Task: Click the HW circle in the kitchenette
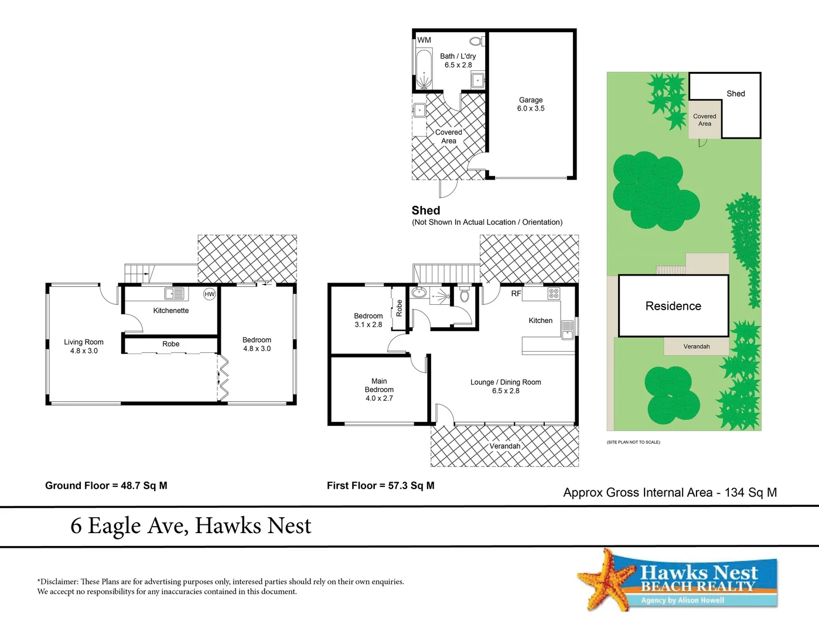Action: tap(209, 294)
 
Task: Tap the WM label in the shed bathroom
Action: tap(424, 40)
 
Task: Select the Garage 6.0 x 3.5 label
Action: tap(531, 104)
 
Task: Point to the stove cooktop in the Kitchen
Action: tap(554, 294)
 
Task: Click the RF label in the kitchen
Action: tap(516, 294)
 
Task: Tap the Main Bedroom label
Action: tap(379, 389)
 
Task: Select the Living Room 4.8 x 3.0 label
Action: tap(84, 346)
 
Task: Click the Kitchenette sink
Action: tap(174, 294)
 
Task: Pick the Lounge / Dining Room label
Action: tap(506, 386)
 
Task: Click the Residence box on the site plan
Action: tap(673, 306)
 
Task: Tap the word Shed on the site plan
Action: tap(736, 94)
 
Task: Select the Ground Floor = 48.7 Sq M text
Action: tap(106, 486)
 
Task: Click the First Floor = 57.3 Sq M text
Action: tap(380, 486)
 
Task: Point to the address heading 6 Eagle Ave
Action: tap(191, 525)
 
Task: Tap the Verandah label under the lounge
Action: tap(504, 446)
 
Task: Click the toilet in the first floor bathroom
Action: tap(465, 294)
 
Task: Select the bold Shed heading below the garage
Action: tap(426, 211)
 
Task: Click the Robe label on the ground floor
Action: tap(170, 344)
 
